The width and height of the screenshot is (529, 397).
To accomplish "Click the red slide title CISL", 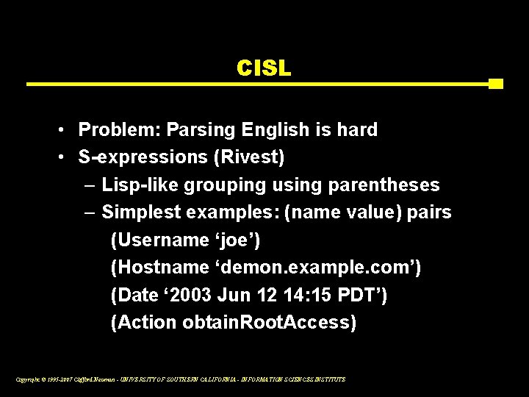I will pyautogui.click(x=264, y=68).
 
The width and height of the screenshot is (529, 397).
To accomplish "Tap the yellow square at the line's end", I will pyautogui.click(x=495, y=84).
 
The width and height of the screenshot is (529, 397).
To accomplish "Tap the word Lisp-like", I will pyautogui.click(x=140, y=185).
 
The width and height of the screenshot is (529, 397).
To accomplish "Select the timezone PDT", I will pyautogui.click(x=359, y=295).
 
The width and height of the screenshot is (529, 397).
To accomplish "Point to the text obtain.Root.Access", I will pyautogui.click(x=270, y=322).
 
